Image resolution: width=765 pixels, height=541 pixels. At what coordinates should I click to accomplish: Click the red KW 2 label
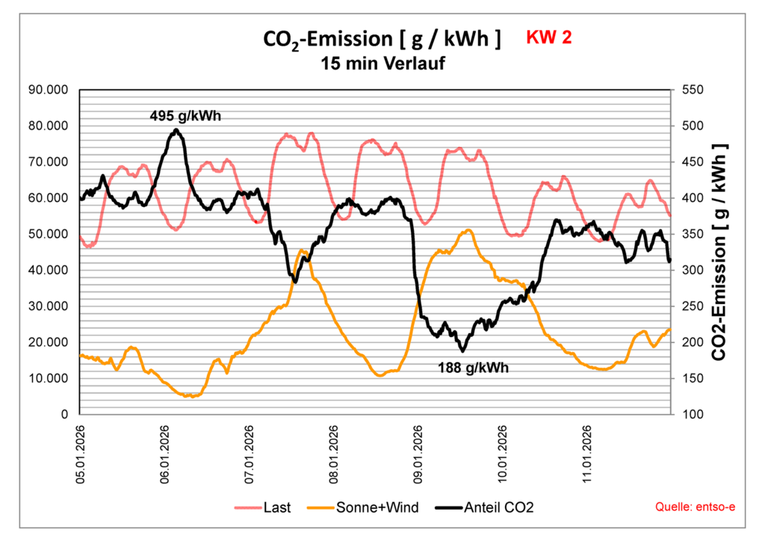tap(549, 37)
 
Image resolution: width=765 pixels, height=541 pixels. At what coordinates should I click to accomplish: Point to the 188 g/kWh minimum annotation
tap(474, 368)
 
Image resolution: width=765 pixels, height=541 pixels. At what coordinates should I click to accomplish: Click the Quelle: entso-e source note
tap(695, 507)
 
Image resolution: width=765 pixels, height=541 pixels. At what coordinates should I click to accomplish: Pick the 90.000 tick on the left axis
tap(49, 90)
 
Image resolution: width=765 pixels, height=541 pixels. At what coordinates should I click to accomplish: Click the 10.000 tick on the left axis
tap(49, 378)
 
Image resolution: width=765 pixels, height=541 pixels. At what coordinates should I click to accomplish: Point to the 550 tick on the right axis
tap(692, 90)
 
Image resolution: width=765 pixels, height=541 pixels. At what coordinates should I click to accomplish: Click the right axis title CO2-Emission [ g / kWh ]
tap(721, 251)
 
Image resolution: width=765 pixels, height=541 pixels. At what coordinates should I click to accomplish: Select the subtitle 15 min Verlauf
tap(382, 64)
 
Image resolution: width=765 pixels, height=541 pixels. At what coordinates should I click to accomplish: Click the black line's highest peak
tap(176, 129)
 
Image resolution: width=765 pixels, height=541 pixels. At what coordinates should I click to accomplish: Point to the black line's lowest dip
tap(462, 350)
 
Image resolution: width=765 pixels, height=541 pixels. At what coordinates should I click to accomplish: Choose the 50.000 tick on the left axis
tap(49, 234)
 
